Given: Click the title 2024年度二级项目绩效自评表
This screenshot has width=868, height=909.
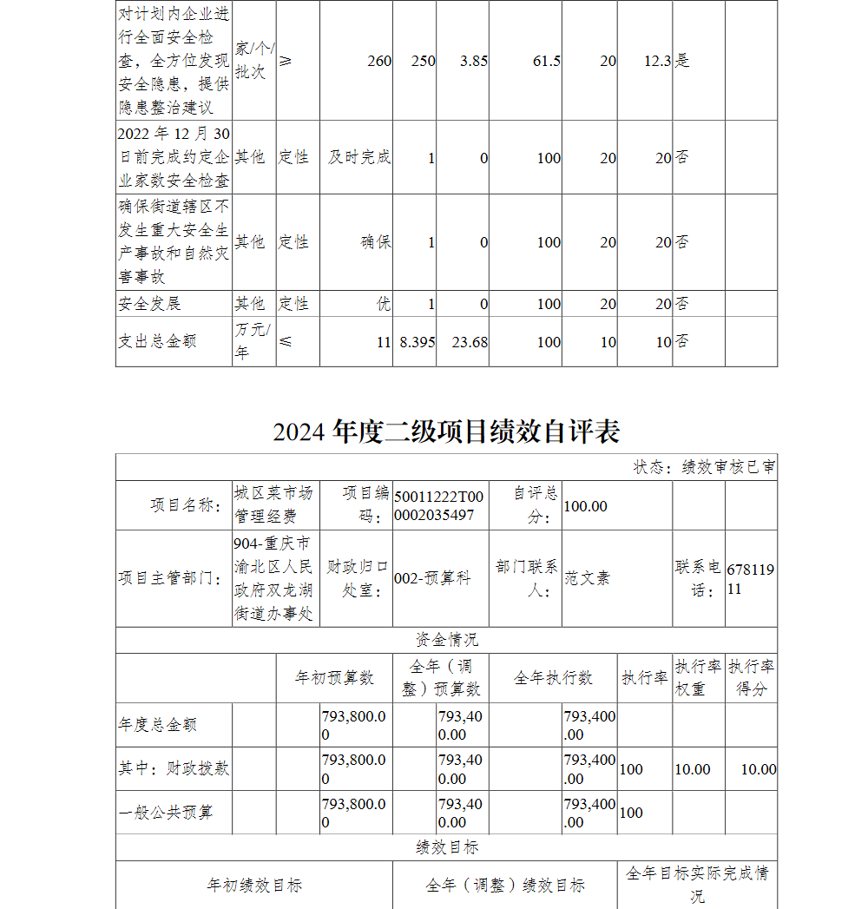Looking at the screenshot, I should [446, 431].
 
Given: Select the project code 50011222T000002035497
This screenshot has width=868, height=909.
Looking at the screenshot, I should [439, 505].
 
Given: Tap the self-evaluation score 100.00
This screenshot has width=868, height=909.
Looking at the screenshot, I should [586, 506].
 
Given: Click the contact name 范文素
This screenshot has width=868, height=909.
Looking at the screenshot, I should [588, 578].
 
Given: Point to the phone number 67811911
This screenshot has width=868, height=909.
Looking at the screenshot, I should [751, 578].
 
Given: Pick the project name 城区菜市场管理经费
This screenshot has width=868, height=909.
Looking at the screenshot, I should [273, 504].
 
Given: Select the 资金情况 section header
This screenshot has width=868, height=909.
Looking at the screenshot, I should [446, 640].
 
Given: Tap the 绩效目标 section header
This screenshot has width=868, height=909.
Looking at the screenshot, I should [446, 847].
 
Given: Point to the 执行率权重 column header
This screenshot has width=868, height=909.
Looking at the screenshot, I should [698, 678].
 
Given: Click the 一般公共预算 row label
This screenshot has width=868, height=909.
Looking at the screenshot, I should [166, 813].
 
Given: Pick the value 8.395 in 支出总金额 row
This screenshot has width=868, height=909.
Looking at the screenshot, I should [417, 342].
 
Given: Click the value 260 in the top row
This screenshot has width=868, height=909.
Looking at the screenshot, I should [379, 61].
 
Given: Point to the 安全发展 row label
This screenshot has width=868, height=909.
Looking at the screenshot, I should [149, 304].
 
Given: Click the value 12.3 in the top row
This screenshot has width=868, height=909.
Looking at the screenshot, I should [658, 61].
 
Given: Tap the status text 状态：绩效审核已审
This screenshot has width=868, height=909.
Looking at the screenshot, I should [704, 467].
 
